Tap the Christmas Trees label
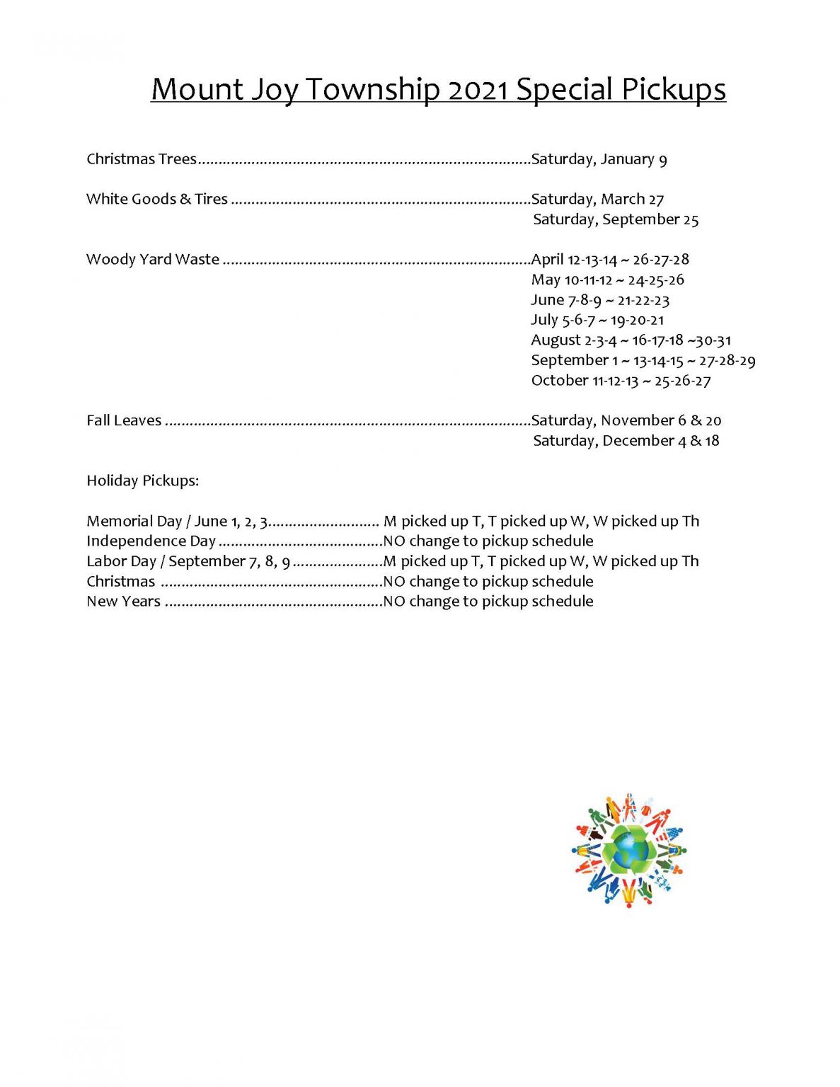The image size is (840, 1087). (x=142, y=159)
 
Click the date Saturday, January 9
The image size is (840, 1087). (x=599, y=159)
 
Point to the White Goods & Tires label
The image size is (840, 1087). (x=157, y=199)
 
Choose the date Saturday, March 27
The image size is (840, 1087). (x=597, y=199)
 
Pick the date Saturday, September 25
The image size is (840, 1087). (x=616, y=219)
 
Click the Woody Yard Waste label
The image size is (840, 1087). (x=153, y=259)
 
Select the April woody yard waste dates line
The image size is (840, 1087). (x=610, y=259)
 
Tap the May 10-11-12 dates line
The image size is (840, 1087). (x=607, y=280)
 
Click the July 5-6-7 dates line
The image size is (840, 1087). (x=597, y=320)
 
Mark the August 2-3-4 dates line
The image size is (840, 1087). (x=631, y=340)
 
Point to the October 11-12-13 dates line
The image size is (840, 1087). (x=621, y=381)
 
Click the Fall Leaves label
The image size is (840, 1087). (x=124, y=420)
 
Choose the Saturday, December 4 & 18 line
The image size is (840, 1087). (x=626, y=441)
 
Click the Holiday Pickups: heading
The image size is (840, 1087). (x=143, y=481)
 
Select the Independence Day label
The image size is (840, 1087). (x=151, y=541)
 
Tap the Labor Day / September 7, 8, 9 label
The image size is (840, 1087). (x=188, y=561)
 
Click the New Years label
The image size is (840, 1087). (x=123, y=602)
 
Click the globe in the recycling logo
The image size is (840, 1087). (x=626, y=850)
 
